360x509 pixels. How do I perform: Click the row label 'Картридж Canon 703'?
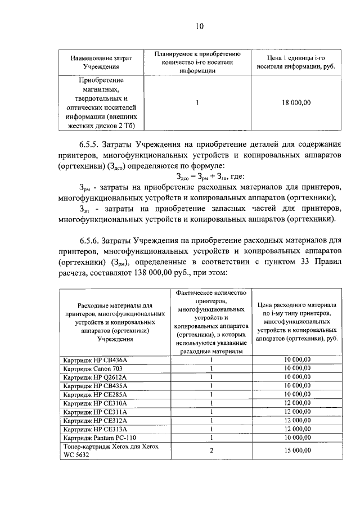click(x=93, y=368)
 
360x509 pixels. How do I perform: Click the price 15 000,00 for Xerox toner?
click(x=296, y=450)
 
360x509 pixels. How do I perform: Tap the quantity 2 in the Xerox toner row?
click(x=211, y=450)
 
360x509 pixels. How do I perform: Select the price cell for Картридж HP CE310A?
click(x=296, y=403)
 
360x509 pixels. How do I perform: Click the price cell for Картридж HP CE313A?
click(x=296, y=429)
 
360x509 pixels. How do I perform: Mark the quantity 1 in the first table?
click(x=198, y=102)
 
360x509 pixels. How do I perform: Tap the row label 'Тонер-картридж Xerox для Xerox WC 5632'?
click(x=111, y=450)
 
